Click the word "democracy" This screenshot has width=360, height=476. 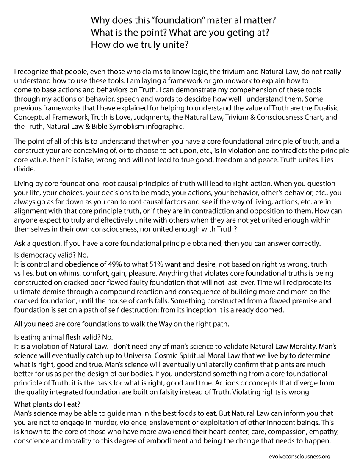38,255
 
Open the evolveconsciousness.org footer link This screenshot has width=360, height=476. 299,456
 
